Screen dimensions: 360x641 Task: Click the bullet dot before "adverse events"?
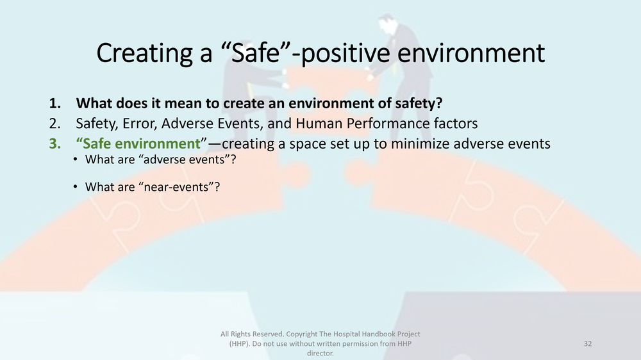[75, 160]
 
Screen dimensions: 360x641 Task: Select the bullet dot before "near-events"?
[75, 187]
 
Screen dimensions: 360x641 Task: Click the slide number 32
[587, 344]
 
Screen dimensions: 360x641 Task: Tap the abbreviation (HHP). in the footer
[244, 344]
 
